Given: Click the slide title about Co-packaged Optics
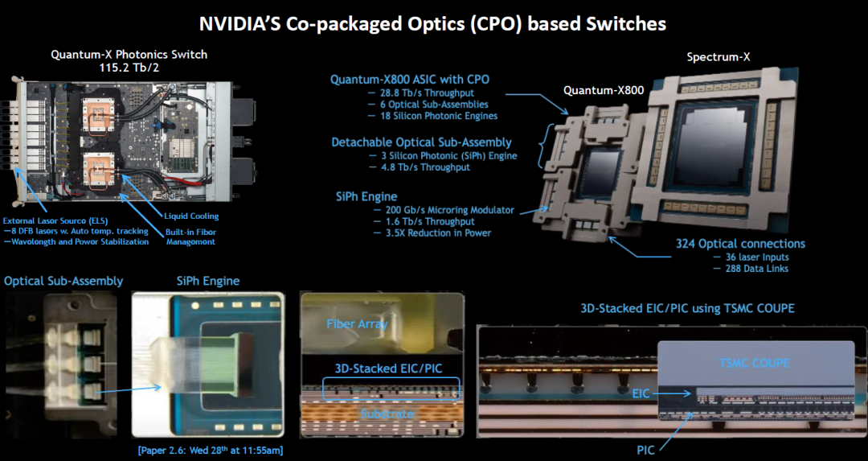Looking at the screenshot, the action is [x=432, y=24].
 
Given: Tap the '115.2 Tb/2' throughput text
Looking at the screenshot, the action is [x=129, y=68].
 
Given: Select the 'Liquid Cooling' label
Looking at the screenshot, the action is [x=191, y=216].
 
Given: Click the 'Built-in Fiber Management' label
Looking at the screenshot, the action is [x=191, y=237].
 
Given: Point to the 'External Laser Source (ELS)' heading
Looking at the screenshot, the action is [x=55, y=220].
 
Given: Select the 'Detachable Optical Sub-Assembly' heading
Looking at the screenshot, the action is [x=421, y=142].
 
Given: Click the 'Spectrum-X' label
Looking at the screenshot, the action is [x=719, y=56].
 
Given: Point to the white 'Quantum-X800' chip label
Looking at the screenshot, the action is [x=604, y=90].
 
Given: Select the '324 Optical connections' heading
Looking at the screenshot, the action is [x=740, y=244].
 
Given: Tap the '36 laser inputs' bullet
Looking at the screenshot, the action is [x=757, y=257].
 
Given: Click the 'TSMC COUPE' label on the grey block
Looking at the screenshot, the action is [x=754, y=363].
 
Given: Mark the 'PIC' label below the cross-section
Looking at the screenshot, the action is [x=645, y=450].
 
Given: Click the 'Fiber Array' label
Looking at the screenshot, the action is [x=357, y=323].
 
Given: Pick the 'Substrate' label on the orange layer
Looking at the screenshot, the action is [x=387, y=414].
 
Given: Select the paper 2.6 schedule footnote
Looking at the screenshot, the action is [x=211, y=450].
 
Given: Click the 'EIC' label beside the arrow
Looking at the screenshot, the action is [x=641, y=393].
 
